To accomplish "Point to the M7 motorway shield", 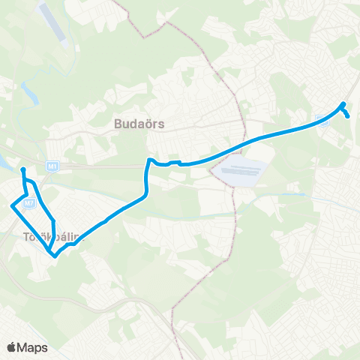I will click(x=28, y=202).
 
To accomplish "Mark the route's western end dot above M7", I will click(x=23, y=170).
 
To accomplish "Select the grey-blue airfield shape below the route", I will click(x=240, y=172).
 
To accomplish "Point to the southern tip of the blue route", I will click(x=55, y=256).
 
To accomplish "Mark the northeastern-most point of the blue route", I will click(x=343, y=103).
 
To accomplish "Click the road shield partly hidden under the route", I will click(x=324, y=123).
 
